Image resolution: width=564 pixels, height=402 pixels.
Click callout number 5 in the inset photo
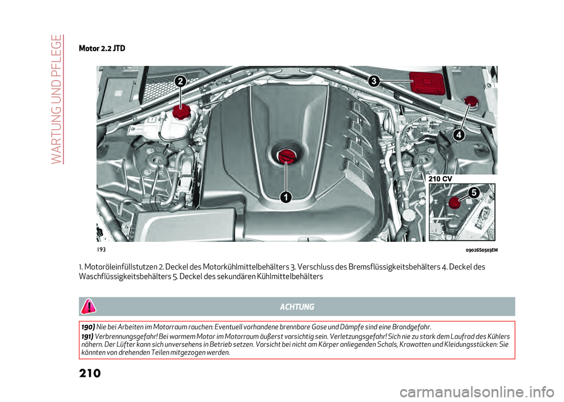(x=474, y=192)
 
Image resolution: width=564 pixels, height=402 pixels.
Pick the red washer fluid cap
(x=471, y=102)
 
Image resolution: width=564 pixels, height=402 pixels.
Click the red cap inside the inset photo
(x=454, y=203)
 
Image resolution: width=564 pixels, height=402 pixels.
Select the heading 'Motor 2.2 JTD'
(x=101, y=48)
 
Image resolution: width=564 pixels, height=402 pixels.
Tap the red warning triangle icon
(x=88, y=307)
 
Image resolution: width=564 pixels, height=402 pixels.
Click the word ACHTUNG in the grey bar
(x=297, y=307)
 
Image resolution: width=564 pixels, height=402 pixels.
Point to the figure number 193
(x=101, y=250)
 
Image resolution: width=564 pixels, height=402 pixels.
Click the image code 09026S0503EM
(x=478, y=250)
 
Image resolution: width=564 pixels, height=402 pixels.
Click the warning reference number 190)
(x=88, y=326)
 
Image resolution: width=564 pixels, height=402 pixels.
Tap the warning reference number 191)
(x=88, y=335)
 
